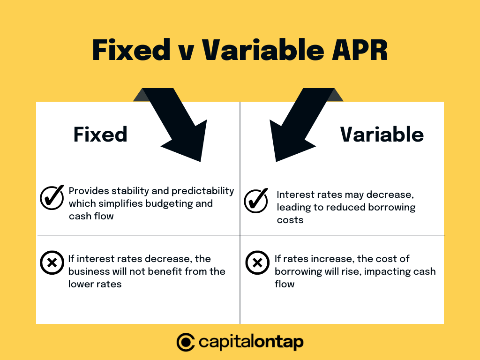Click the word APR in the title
(360, 50)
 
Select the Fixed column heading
(100, 135)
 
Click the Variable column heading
(382, 135)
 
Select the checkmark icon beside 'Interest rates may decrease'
(256, 201)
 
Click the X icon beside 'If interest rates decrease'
(52, 262)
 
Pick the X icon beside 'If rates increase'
(257, 262)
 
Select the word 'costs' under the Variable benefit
(290, 220)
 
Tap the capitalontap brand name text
(251, 342)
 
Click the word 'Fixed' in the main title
(131, 50)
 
